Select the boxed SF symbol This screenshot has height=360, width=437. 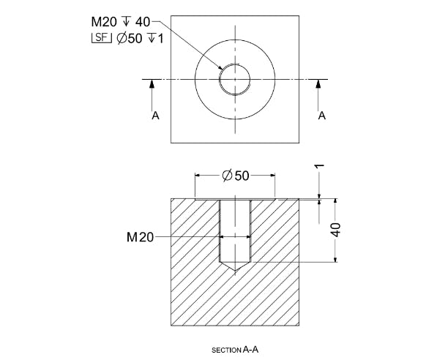pyautogui.click(x=102, y=37)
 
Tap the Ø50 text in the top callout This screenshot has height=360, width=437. pyautogui.click(x=131, y=37)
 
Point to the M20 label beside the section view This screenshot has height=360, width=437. pyautogui.click(x=140, y=237)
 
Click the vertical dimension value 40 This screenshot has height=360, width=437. pyautogui.click(x=335, y=230)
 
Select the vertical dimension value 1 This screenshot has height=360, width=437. pyautogui.click(x=319, y=167)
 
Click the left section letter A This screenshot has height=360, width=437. pyautogui.click(x=155, y=116)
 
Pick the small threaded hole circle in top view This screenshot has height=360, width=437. pyautogui.click(x=234, y=65)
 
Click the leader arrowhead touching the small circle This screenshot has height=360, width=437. pyautogui.click(x=220, y=69)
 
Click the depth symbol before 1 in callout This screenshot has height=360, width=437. pyautogui.click(x=151, y=37)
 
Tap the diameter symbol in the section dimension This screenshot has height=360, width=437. pyautogui.click(x=226, y=176)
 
